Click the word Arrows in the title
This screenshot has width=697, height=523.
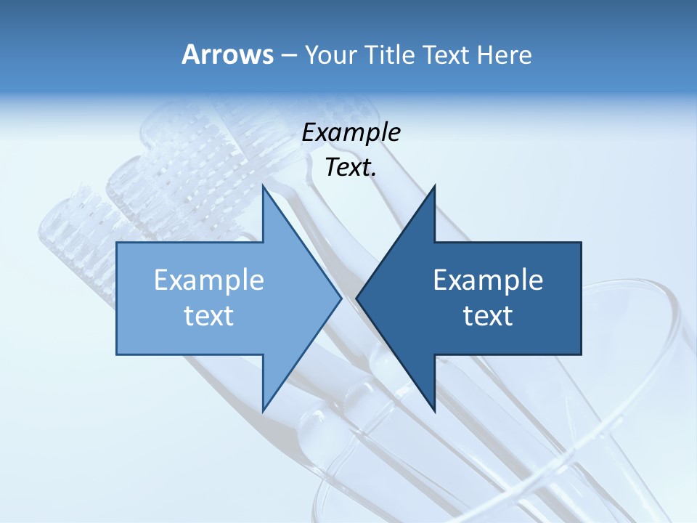(x=227, y=54)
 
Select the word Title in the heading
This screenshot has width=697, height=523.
(x=395, y=55)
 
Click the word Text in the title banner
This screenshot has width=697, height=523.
(x=448, y=55)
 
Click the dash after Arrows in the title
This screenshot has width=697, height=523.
(x=288, y=56)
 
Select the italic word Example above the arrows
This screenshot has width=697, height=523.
(x=351, y=133)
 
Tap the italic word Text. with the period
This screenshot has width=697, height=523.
(x=351, y=168)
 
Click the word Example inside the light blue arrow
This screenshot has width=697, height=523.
(x=209, y=280)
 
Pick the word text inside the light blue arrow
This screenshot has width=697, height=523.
(x=209, y=316)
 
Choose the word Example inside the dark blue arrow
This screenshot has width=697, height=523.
(x=488, y=280)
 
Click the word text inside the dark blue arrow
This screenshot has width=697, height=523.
(x=488, y=316)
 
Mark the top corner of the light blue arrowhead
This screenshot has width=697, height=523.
(x=264, y=186)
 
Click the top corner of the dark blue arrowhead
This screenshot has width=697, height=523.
(x=433, y=187)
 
